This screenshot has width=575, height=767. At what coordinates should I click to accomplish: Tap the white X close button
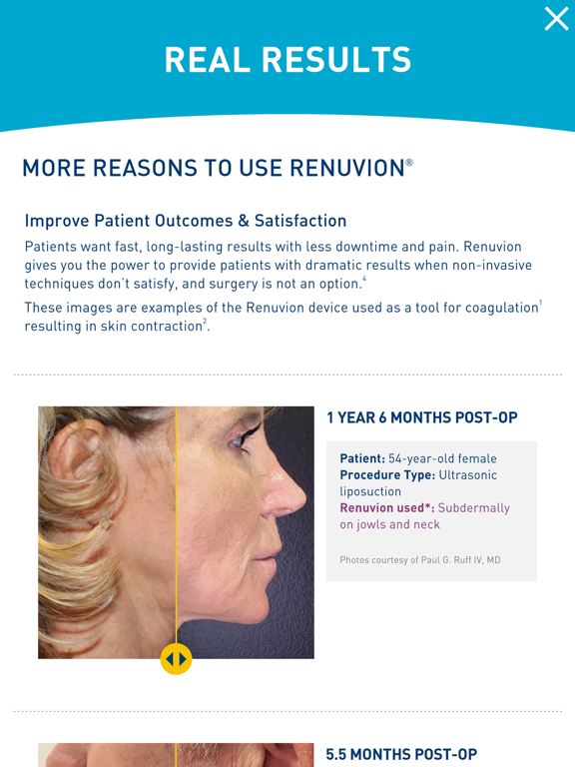(x=556, y=19)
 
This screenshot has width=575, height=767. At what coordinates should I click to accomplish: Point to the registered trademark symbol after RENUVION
(x=409, y=161)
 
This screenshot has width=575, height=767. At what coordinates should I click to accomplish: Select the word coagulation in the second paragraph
(x=484, y=308)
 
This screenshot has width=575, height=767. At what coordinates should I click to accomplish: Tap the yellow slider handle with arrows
(x=176, y=658)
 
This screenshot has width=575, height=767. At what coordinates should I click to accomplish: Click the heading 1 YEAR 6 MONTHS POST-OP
(x=422, y=417)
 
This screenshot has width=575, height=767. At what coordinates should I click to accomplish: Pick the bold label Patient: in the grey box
(x=362, y=458)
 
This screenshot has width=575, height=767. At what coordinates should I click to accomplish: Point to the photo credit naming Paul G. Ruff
(x=420, y=559)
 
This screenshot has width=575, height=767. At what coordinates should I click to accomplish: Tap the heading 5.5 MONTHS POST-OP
(x=402, y=754)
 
